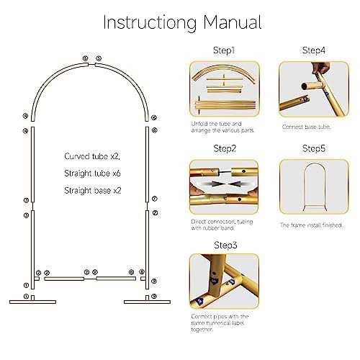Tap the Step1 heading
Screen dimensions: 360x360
tap(224, 52)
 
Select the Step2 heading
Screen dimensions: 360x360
tap(224, 148)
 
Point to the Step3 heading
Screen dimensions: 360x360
tap(224, 245)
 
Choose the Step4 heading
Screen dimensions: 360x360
tap(314, 52)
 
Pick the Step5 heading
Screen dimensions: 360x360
tap(314, 148)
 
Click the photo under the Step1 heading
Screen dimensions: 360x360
tap(224, 92)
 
